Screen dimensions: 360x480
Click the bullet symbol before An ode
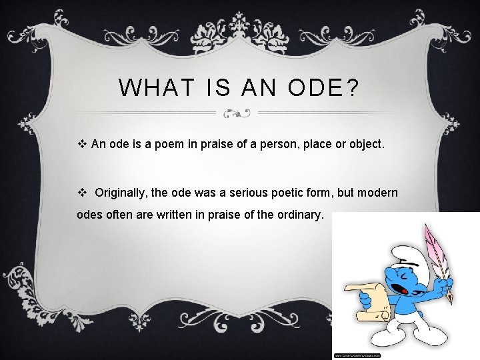[x=83, y=143]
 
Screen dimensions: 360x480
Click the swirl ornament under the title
[x=237, y=113]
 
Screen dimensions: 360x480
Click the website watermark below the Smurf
[x=357, y=355]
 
